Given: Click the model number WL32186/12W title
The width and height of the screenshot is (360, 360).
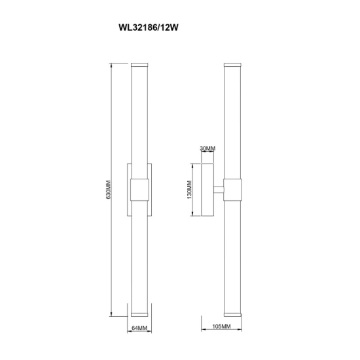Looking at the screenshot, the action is pyautogui.click(x=149, y=27).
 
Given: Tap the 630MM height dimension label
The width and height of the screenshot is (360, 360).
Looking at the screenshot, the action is pyautogui.click(x=109, y=190).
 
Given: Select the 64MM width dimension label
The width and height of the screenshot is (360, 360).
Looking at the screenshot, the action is pyautogui.click(x=139, y=328).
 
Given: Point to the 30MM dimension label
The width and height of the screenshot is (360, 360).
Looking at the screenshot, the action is pyautogui.click(x=207, y=149).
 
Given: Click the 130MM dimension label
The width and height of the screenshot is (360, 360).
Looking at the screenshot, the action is pyautogui.click(x=189, y=190).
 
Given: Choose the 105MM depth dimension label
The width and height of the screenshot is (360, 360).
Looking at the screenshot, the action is pyautogui.click(x=221, y=326).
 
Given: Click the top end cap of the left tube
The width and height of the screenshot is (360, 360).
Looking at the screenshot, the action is pyautogui.click(x=139, y=65).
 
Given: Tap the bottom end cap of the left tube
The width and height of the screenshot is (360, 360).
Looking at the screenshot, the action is pyautogui.click(x=139, y=314).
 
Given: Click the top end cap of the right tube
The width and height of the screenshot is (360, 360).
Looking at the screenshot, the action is pyautogui.click(x=232, y=65).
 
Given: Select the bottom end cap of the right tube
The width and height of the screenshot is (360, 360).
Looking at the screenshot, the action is pyautogui.click(x=232, y=314).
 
